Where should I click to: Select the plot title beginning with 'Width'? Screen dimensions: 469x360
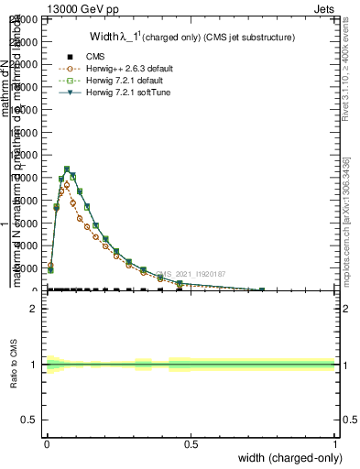[191, 38]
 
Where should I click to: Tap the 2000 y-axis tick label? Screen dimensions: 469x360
[26, 268]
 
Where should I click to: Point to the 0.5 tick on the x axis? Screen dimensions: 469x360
[191, 444]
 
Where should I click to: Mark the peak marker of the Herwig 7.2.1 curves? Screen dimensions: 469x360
[67, 169]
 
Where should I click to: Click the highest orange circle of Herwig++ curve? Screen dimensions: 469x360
[67, 185]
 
